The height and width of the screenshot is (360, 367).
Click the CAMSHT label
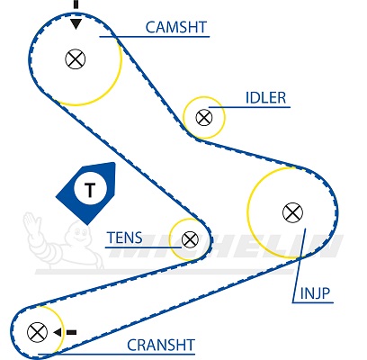176,27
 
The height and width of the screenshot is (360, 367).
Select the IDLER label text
265,98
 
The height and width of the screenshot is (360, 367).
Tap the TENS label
124,238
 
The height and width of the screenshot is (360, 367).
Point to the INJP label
315,293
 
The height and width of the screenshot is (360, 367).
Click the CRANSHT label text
161,345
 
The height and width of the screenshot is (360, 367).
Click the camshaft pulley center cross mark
76,58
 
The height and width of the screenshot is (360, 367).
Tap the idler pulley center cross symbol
204,117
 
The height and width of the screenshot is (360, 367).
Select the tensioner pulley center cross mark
190,239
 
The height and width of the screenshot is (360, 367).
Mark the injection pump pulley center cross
292,212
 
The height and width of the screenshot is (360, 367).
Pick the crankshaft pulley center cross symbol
37,332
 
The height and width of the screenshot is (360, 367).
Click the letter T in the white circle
90,189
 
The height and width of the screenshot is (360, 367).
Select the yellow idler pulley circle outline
225,117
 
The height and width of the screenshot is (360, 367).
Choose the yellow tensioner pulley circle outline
170,239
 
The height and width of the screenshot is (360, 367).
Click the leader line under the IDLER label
249,107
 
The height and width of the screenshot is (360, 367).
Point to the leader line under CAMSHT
155,37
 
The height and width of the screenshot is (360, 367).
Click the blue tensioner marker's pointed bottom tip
87,225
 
